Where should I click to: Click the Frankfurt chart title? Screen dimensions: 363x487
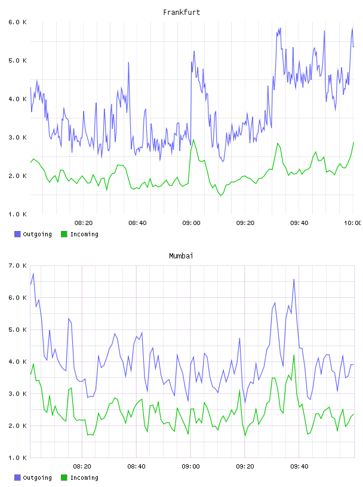(x=181, y=12)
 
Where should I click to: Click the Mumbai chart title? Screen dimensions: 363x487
(x=181, y=255)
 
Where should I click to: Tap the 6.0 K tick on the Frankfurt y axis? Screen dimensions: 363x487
(x=17, y=22)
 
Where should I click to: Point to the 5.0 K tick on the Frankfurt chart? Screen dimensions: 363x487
(x=17, y=60)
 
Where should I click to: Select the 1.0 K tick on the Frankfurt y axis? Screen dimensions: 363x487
(x=17, y=214)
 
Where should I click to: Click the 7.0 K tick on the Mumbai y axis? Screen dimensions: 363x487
(x=17, y=266)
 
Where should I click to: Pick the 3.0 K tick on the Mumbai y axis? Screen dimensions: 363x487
(x=17, y=393)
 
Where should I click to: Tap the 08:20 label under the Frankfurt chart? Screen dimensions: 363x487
(x=84, y=223)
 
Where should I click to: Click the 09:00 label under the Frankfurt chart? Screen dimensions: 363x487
(x=191, y=223)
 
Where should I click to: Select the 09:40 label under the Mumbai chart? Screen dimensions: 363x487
(x=299, y=466)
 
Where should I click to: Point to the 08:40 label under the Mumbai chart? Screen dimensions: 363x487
(x=137, y=466)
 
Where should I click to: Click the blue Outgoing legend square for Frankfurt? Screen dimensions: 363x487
(x=17, y=234)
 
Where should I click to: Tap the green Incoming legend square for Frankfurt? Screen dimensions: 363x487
(x=64, y=234)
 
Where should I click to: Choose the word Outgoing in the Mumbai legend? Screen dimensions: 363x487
(x=37, y=477)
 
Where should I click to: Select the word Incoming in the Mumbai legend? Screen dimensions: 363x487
(x=84, y=477)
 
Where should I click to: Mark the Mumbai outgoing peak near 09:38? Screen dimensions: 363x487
(x=294, y=279)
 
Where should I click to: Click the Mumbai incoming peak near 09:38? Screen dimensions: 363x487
(x=294, y=355)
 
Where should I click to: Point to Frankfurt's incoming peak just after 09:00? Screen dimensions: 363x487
(x=193, y=140)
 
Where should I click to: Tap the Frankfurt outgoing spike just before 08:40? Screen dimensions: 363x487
(x=128, y=63)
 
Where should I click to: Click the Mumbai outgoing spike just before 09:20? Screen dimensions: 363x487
(x=239, y=338)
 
